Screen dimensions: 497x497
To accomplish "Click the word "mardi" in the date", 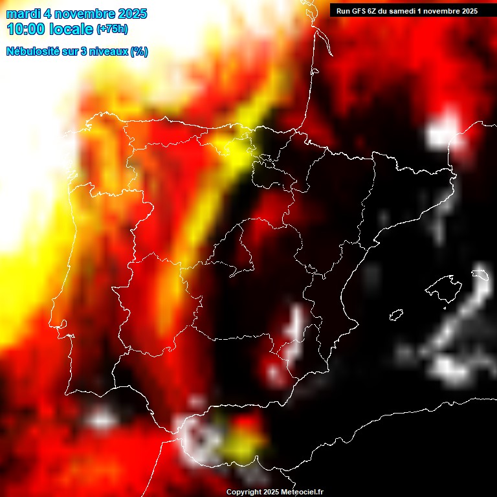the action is point(23,14).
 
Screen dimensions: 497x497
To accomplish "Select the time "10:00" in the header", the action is point(27,29).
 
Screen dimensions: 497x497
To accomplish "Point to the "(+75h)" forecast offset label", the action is point(112,29).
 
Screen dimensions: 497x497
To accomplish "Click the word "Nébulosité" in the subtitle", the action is point(34,52).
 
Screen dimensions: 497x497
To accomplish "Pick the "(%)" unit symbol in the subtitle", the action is point(138,52).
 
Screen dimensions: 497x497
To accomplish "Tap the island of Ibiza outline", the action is point(396,315).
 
